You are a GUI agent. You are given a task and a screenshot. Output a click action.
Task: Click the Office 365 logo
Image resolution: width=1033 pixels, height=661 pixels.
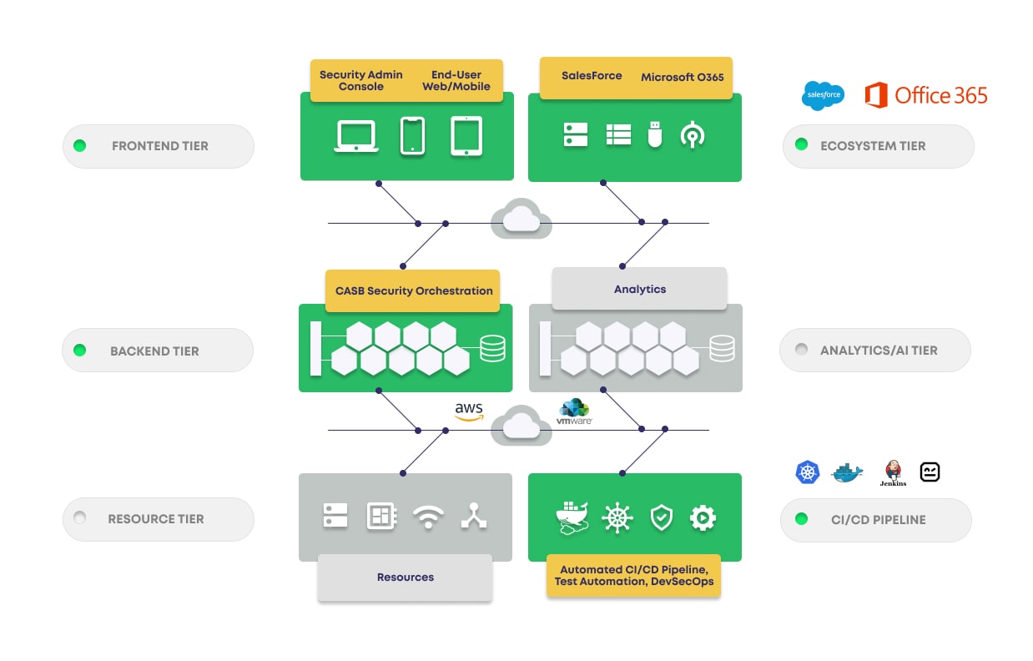coord(925,95)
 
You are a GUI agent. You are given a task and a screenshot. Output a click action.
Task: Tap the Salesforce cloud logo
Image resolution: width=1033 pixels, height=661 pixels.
coord(823,96)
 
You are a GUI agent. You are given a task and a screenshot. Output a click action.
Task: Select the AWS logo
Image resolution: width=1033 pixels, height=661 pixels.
coord(469,411)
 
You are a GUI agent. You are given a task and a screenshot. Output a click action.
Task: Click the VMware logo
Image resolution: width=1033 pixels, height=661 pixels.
coord(574,412)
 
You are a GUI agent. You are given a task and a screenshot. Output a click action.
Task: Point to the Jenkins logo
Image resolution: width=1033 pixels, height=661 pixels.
coord(893,472)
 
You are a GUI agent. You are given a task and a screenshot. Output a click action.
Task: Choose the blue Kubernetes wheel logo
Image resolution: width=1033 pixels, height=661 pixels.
coord(808,472)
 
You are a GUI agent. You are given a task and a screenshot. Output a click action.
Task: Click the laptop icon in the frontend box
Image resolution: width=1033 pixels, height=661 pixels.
coord(356,136)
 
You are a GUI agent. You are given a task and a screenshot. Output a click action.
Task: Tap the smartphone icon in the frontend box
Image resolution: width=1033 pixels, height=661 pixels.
coord(412,135)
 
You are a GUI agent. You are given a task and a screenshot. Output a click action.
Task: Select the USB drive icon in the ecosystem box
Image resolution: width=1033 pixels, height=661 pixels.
coord(655,134)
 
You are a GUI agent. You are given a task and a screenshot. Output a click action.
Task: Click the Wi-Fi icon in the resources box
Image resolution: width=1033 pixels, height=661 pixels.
coord(429,517)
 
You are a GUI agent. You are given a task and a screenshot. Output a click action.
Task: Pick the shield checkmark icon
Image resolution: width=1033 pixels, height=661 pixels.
coord(661,517)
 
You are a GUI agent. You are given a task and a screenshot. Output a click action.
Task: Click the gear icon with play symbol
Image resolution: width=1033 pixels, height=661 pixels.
coord(703,517)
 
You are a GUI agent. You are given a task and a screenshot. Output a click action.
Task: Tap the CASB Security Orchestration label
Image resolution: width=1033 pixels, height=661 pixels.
coord(414,291)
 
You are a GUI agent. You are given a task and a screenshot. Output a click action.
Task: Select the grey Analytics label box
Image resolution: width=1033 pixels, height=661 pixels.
coord(640,289)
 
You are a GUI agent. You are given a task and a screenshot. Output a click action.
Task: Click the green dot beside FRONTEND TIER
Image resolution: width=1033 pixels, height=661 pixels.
coord(79,146)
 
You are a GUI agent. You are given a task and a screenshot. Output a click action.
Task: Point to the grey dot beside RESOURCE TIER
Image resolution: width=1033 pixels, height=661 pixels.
coord(79,518)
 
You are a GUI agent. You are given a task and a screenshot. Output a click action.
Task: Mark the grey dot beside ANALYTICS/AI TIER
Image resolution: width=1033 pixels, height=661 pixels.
coord(801,350)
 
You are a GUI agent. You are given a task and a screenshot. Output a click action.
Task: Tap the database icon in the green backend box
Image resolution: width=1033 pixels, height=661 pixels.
coord(492,348)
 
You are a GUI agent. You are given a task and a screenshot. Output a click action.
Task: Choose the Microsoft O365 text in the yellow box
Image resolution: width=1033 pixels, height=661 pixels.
coord(682,77)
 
